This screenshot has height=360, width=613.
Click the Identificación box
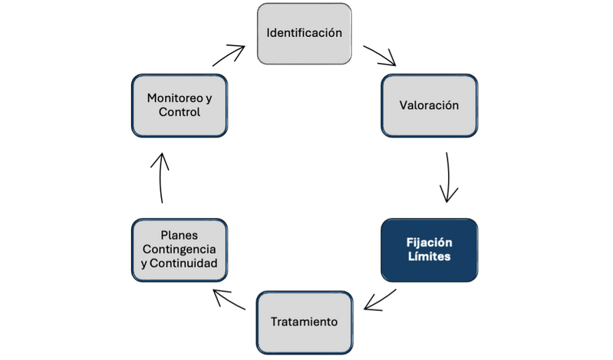(304, 33)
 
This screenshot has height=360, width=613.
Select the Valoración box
(429, 105)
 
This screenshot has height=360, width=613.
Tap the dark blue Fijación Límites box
(429, 249)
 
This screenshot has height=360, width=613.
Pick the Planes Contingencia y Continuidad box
(180, 249)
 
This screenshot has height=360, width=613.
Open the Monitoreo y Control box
(180, 105)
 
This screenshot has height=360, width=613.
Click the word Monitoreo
(173, 98)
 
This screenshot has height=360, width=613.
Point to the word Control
(180, 113)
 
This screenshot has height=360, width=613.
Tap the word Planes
(180, 235)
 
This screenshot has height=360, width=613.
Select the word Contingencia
(180, 249)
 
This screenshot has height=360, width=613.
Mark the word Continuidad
(185, 264)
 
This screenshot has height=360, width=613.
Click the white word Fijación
(429, 242)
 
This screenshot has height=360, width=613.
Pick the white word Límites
(429, 257)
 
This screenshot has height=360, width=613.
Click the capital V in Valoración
(403, 105)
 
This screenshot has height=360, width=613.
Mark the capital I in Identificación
(268, 33)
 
